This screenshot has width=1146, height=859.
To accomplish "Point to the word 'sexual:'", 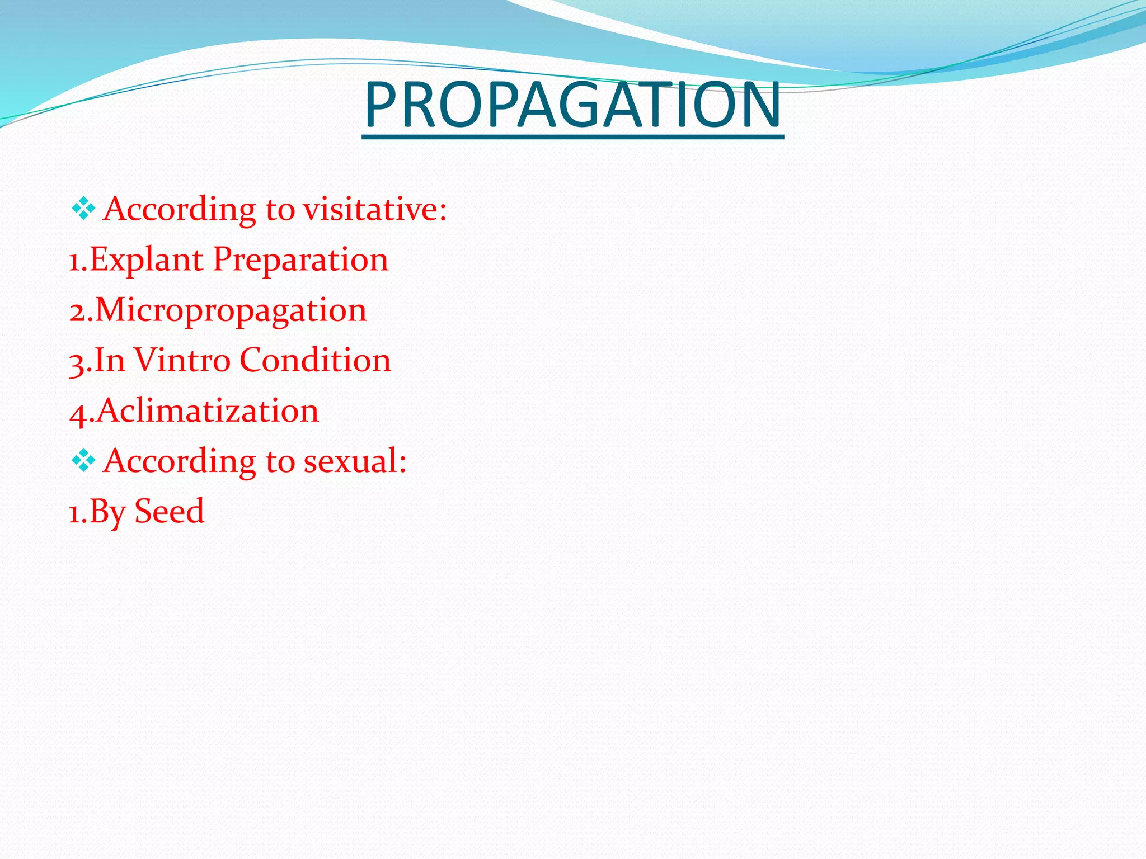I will point(355,461).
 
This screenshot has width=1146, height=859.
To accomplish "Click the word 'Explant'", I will point(146,260).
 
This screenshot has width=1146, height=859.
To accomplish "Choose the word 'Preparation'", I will point(300,260).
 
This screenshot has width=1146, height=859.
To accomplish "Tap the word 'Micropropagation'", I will point(231,310).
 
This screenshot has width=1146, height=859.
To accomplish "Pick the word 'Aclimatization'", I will point(208,410).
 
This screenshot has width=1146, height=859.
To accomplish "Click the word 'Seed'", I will point(170,511).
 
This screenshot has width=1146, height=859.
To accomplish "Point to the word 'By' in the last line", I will point(107,512).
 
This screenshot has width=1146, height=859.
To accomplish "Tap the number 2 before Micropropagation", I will point(77,311).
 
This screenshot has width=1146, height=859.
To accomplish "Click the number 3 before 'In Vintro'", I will point(77,362).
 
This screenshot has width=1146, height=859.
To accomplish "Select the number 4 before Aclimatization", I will point(77,413).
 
